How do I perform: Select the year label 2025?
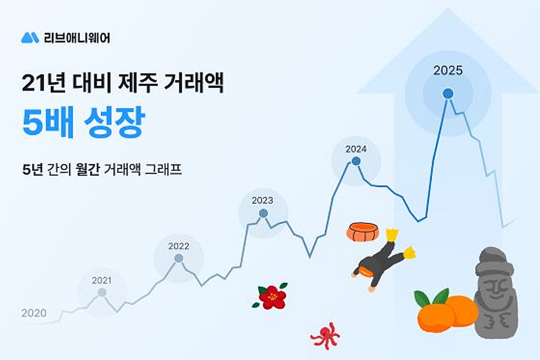tap(448, 71)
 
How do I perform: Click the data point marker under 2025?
tap(447, 94)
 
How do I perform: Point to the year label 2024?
tap(356, 149)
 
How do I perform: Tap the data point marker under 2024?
tap(356, 161)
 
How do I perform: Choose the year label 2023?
tap(262, 201)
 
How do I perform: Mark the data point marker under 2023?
tap(263, 213)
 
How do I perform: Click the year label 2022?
tap(179, 246)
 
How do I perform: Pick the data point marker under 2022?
tap(179, 258)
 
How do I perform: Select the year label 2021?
tap(102, 281)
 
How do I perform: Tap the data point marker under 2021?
tap(102, 292)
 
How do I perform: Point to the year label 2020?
tap(34, 313)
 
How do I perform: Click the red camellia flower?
tap(271, 297)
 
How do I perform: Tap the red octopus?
tap(324, 335)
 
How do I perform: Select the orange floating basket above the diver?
tap(363, 232)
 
